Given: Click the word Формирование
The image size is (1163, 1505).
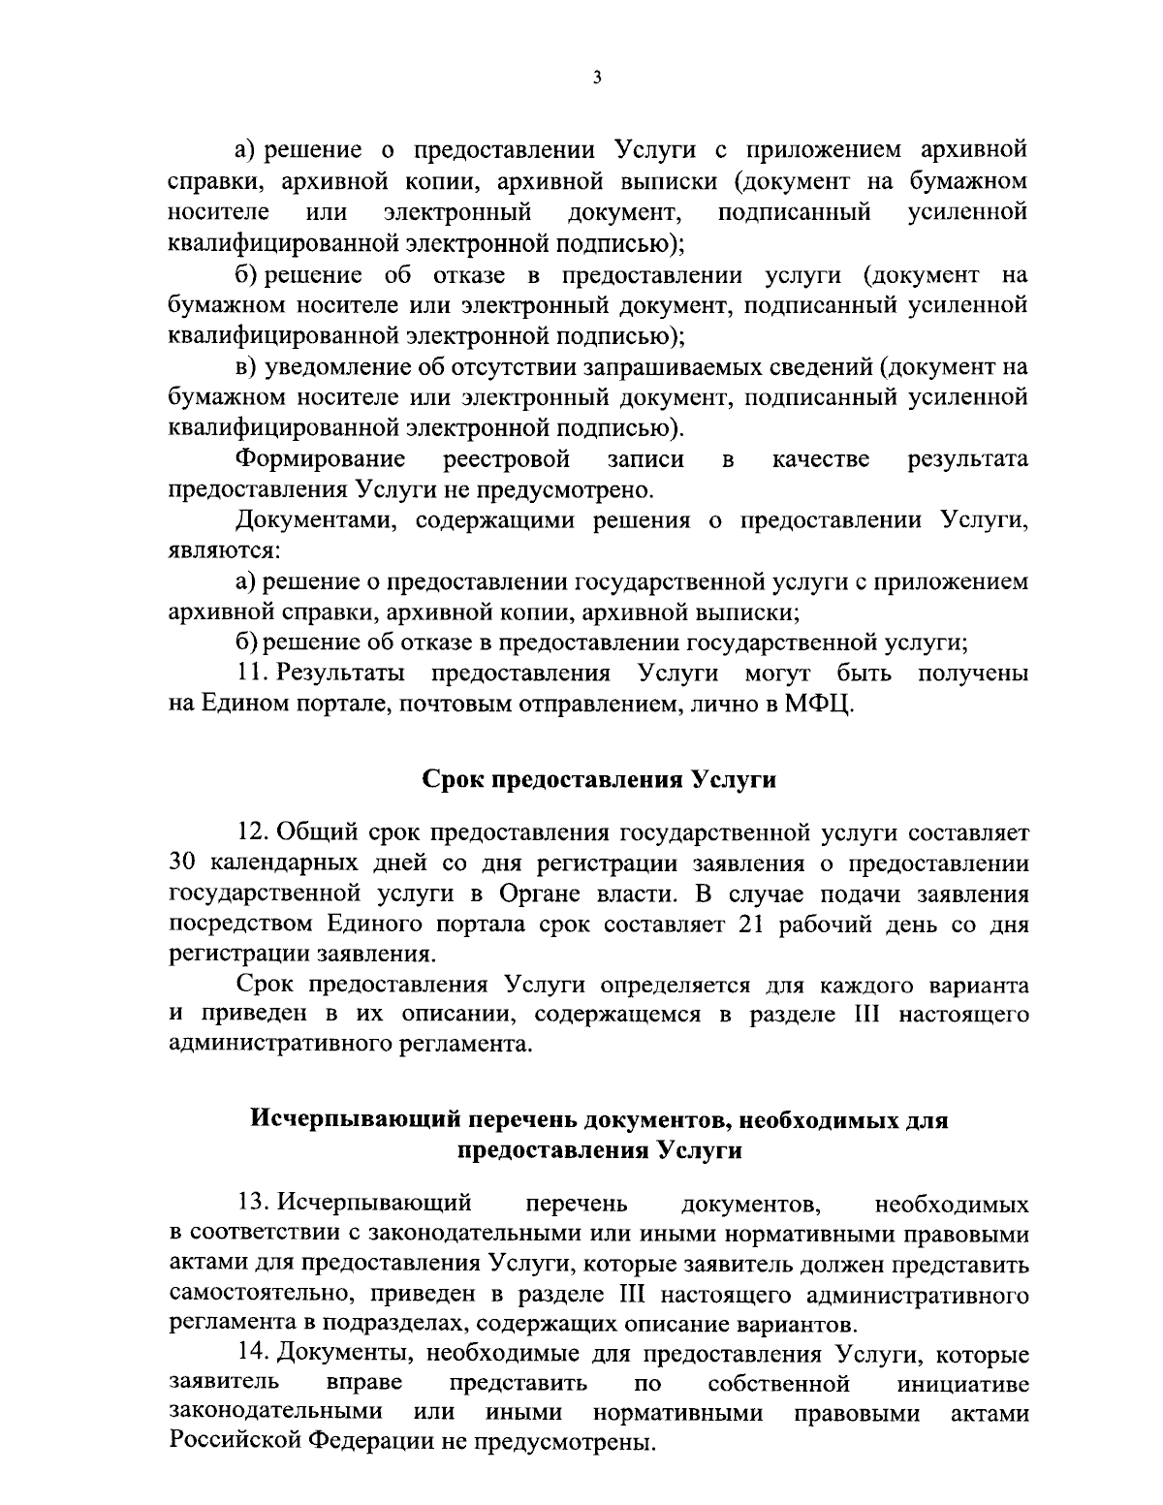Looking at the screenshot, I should [322, 458].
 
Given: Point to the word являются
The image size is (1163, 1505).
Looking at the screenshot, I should [224, 551].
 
